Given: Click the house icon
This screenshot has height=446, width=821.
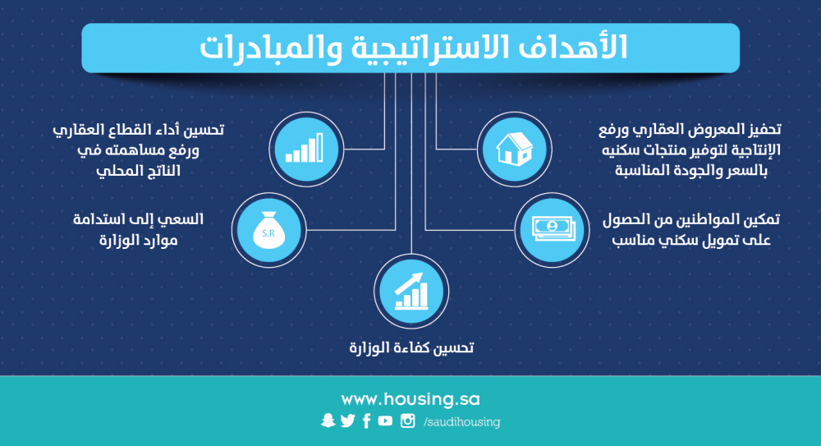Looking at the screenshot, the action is [x=514, y=149].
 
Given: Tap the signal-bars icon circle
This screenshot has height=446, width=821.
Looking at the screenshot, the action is [x=306, y=149].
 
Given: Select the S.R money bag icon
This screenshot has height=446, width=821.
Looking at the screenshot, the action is [x=268, y=230].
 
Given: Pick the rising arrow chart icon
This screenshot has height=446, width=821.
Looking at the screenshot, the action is [x=411, y=292].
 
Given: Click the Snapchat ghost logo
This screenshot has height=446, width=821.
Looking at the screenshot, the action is [x=328, y=421].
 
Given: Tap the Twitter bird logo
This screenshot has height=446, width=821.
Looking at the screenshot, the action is [x=347, y=421].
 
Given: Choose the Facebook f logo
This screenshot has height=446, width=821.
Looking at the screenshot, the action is [x=366, y=421].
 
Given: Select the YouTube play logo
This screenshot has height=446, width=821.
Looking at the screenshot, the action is [x=385, y=421].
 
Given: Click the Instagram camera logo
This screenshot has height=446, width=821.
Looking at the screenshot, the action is [x=408, y=421].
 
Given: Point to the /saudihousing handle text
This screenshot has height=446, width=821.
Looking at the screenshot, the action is [x=461, y=422].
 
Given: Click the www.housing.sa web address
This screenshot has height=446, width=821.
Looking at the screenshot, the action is [x=410, y=399].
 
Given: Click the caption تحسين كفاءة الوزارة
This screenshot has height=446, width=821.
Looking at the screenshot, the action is [x=411, y=347].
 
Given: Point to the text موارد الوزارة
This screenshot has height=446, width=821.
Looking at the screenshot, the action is [x=139, y=240].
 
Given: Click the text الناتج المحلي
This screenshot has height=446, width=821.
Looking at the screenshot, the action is [x=138, y=170].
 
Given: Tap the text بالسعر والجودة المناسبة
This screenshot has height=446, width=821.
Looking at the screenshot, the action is [x=690, y=170].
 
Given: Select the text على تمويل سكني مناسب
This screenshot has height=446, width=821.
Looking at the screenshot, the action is [x=691, y=240].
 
